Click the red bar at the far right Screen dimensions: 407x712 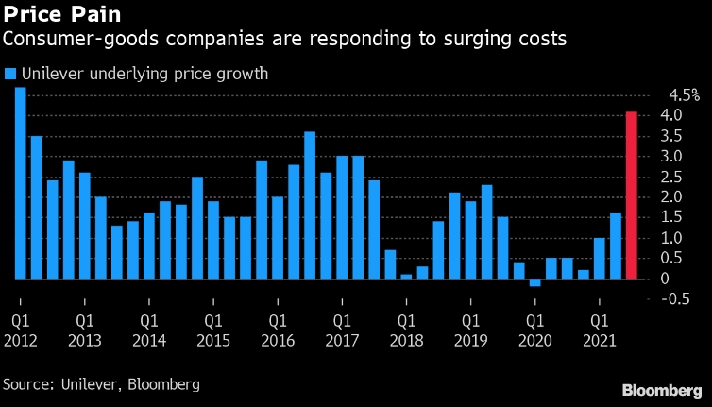[x=632, y=195]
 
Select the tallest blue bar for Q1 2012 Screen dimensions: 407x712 [x=20, y=183]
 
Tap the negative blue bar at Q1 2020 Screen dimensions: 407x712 [x=534, y=282]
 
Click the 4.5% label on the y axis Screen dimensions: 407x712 [x=684, y=95]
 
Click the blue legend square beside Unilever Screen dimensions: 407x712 [x=9, y=74]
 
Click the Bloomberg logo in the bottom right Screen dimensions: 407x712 [x=660, y=389]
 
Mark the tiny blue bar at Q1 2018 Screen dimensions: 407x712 [x=406, y=276]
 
